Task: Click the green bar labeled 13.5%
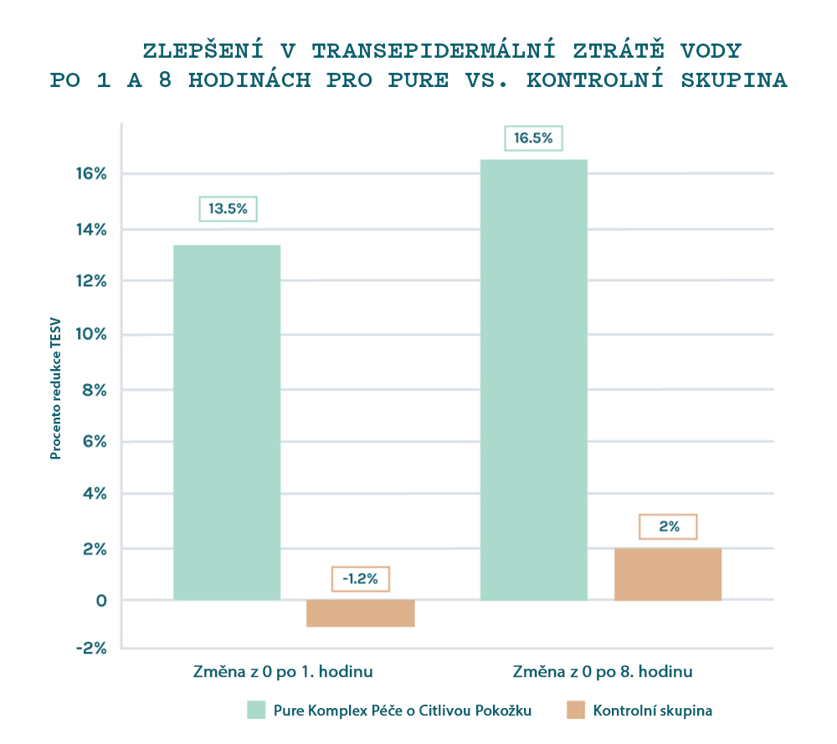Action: tap(227, 422)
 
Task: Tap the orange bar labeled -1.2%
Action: tap(361, 613)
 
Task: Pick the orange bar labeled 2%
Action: tap(668, 574)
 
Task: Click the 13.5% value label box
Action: tap(228, 208)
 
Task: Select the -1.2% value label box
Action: tap(361, 578)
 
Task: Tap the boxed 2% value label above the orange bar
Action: tap(668, 526)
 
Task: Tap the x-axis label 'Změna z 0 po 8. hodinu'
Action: tap(603, 672)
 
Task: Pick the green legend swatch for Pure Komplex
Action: tap(256, 711)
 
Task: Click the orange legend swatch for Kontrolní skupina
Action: tap(575, 711)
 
